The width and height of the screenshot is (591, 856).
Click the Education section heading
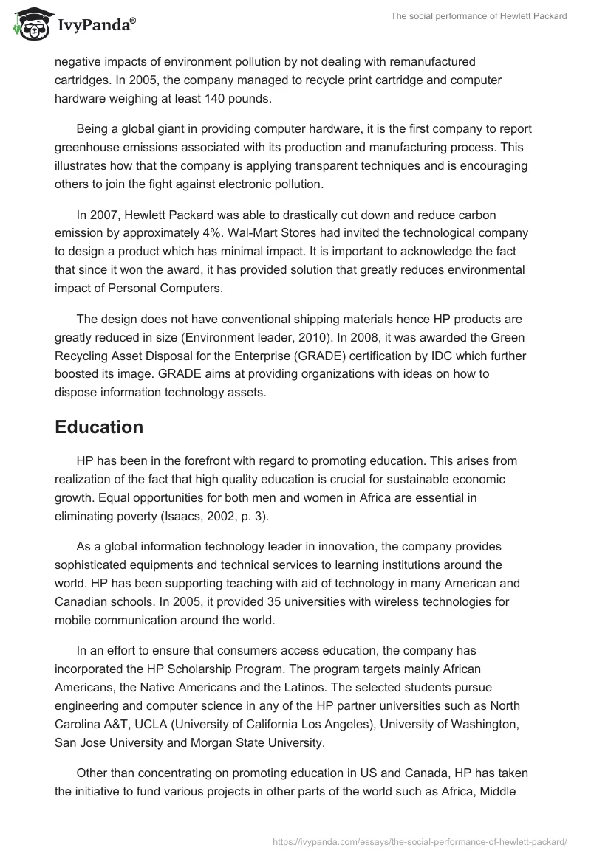click(x=99, y=427)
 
